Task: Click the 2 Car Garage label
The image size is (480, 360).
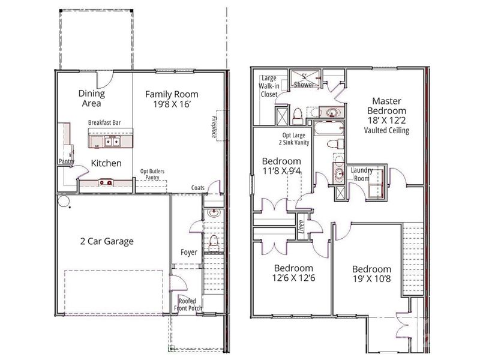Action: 107,242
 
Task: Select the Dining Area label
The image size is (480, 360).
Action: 92,98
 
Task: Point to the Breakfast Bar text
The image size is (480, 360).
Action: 105,123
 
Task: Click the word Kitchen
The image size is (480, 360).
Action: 106,163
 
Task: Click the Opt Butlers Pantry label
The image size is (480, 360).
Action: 152,175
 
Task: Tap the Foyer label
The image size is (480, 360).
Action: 189,252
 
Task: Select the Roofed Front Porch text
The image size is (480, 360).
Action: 188,305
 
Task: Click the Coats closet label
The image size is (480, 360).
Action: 198,188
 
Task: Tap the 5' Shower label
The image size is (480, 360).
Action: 303,81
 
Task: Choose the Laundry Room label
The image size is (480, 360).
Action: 362,175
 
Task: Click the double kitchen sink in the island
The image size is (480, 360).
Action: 112,142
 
